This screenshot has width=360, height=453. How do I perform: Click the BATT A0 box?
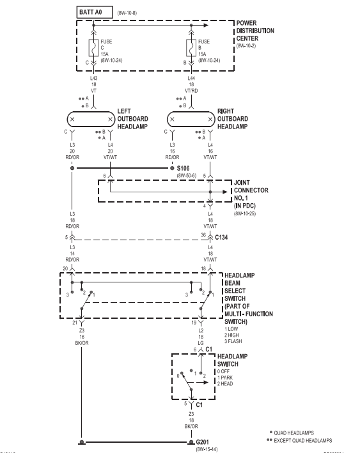click(95, 12)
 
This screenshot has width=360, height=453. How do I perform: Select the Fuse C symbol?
click(93, 48)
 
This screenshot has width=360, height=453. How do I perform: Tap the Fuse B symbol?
click(191, 48)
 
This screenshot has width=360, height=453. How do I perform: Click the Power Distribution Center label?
click(255, 31)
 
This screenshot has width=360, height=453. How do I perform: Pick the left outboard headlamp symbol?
click(91, 119)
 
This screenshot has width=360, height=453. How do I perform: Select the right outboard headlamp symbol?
click(191, 119)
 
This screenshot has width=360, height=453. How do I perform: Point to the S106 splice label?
click(183, 168)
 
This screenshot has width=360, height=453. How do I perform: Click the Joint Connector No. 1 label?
click(251, 194)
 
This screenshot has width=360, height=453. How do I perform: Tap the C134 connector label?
click(221, 238)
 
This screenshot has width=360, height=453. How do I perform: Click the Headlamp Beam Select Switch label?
click(248, 298)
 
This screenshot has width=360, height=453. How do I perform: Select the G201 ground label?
click(202, 442)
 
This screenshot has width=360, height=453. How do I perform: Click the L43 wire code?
click(94, 78)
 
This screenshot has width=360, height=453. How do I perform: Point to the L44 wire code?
click(191, 78)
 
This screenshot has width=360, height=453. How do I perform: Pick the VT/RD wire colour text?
click(191, 91)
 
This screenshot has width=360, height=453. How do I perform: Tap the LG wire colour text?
click(201, 343)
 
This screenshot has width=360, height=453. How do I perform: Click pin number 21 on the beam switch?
click(75, 323)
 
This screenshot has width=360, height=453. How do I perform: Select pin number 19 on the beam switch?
click(194, 323)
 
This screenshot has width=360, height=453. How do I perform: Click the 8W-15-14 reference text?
click(207, 449)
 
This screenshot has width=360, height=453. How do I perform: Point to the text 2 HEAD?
click(225, 383)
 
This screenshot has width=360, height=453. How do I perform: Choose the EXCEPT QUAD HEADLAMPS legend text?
click(302, 441)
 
